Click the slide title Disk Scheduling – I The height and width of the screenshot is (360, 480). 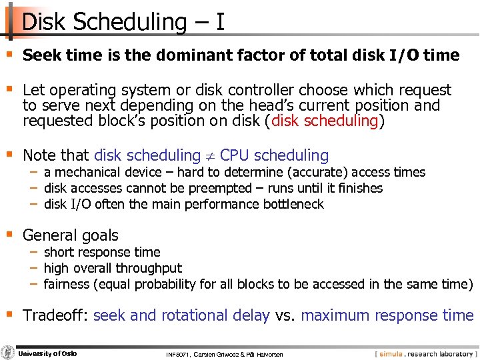pyautogui.click(x=123, y=21)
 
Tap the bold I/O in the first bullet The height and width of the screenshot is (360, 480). pyautogui.click(x=405, y=55)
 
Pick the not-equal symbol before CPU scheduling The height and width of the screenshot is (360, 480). pyautogui.click(x=210, y=156)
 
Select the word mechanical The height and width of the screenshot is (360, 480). pyautogui.click(x=88, y=173)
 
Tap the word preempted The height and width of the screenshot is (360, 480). pyautogui.click(x=221, y=188)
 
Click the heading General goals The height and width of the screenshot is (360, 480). pyautogui.click(x=70, y=235)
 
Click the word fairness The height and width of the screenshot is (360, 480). pyautogui.click(x=67, y=284)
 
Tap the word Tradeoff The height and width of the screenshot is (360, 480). pyautogui.click(x=54, y=315)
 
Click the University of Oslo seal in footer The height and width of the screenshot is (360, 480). pyautogui.click(x=8, y=353)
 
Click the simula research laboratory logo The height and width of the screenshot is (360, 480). pyautogui.click(x=424, y=353)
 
